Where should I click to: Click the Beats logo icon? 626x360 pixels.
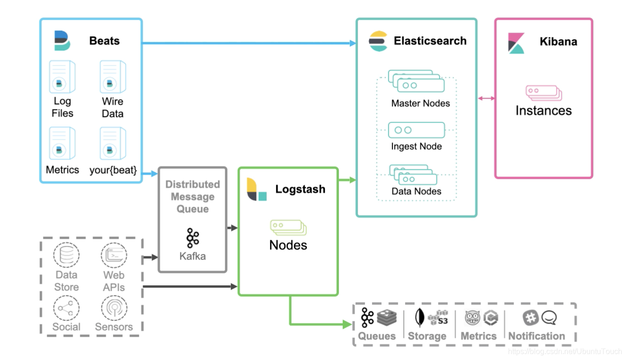coord(62,41)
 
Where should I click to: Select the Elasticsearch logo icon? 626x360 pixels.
coord(378,41)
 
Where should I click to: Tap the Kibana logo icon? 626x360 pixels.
coord(516,43)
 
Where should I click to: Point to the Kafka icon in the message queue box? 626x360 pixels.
coord(192,238)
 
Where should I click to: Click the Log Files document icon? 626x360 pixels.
coord(62,77)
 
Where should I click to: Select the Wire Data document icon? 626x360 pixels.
coord(112,77)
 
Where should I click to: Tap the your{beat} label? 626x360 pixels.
coord(113,170)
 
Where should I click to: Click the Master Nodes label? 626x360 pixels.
coord(420,103)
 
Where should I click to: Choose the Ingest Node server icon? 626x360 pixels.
coord(416,130)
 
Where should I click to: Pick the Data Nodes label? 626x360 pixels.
coord(416,191)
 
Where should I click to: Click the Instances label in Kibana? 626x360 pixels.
coord(543,111)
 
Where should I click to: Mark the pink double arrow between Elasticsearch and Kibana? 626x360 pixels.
coord(486,98)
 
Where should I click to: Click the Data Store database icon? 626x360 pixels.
coord(66,255)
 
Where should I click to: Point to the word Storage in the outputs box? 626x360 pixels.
coord(427,336)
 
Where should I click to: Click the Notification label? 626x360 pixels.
coord(536,336)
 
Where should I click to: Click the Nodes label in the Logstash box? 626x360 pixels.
coord(288,245)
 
